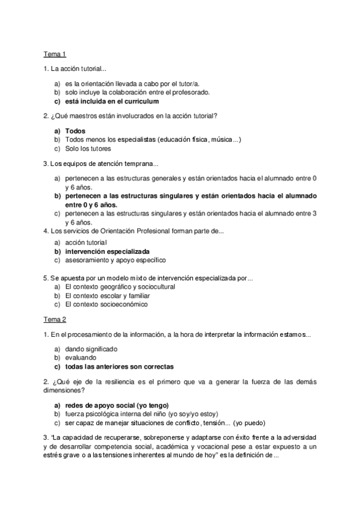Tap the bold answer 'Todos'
click(x=75, y=131)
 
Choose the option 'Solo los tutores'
click(x=88, y=149)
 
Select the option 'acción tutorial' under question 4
click(x=87, y=242)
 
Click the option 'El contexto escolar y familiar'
click(x=108, y=296)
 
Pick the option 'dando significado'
click(x=91, y=348)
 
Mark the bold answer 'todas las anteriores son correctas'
click(x=120, y=366)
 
